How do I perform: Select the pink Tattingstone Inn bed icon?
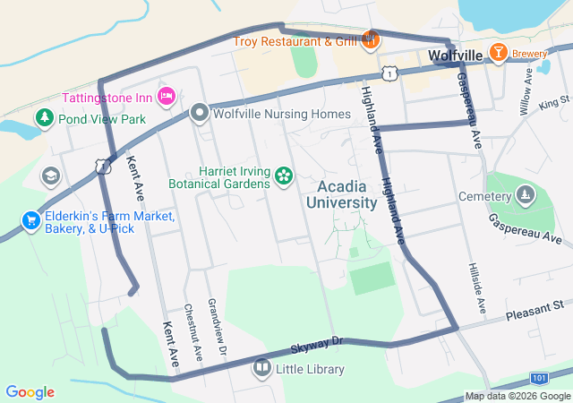[x=166, y=96]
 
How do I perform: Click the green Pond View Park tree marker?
[x=43, y=117]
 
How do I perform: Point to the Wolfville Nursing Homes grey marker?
[x=199, y=114]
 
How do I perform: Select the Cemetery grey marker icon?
[x=524, y=194]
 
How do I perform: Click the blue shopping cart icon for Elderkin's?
[x=31, y=220]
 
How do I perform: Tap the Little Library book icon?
[x=261, y=366]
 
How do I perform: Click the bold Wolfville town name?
[x=456, y=56]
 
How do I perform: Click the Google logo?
[x=30, y=392]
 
